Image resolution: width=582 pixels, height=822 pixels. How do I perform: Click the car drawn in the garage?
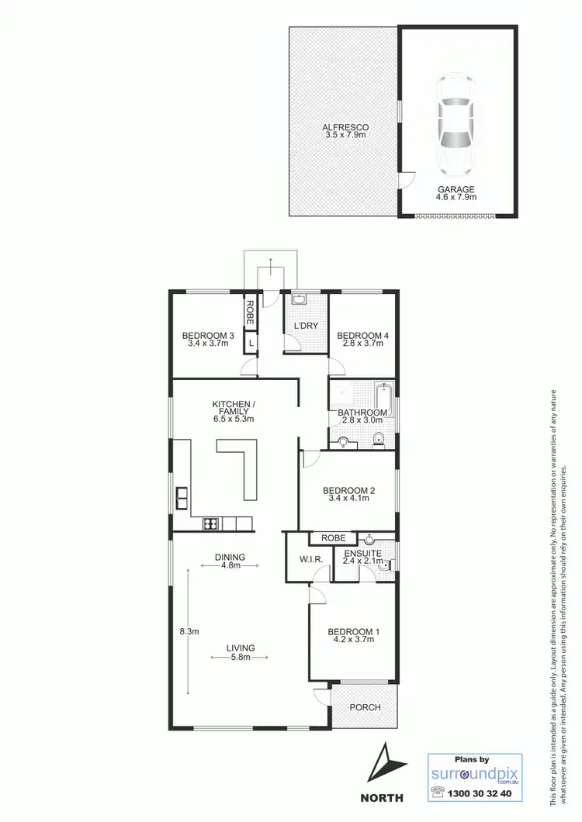456,125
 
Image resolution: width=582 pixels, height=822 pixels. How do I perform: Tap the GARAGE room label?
456,188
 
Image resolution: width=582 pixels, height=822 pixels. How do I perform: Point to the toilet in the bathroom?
379,440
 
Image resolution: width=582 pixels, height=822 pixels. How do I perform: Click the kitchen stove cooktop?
210,523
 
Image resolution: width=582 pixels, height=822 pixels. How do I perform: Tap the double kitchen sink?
182,497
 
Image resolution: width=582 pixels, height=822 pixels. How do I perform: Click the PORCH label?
364,707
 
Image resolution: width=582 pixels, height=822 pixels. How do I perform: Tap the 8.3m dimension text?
189,631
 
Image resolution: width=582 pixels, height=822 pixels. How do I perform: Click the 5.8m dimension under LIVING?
241,657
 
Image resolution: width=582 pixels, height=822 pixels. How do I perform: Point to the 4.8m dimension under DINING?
230,566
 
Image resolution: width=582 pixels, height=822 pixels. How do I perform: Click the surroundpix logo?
474,773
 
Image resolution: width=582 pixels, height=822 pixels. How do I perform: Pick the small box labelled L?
251,342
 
